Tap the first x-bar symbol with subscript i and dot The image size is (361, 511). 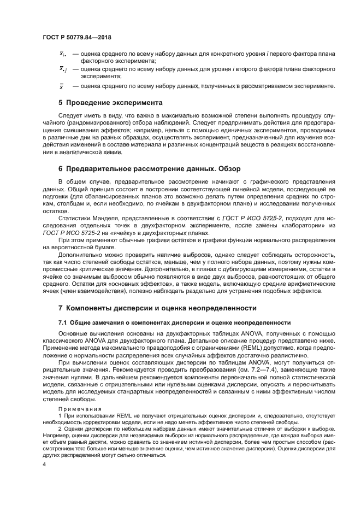click(x=62, y=55)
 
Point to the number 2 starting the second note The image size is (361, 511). click(x=60, y=429)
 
